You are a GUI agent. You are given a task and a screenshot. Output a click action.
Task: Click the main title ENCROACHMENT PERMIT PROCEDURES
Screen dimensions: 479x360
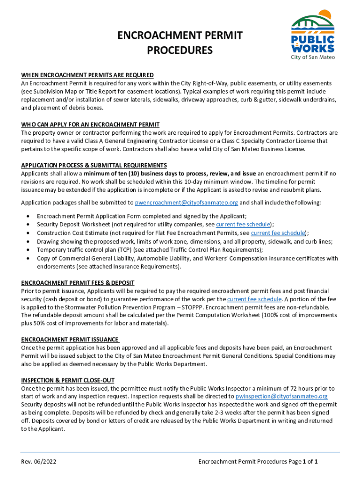pos(180,43)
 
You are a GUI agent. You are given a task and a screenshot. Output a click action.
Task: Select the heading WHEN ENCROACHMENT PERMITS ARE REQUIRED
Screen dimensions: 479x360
pos(87,75)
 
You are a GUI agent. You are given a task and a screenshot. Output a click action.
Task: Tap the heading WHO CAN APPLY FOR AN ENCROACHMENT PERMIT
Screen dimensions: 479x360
pos(90,125)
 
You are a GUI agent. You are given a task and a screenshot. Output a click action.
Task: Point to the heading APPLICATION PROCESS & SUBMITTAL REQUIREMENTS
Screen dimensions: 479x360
pos(94,166)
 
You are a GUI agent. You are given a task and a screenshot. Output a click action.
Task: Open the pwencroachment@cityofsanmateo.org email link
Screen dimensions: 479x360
pos(187,203)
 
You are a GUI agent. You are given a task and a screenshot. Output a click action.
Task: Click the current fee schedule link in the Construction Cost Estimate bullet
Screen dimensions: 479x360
pos(278,233)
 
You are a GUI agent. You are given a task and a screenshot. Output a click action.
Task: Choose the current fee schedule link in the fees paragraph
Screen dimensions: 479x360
pos(254,299)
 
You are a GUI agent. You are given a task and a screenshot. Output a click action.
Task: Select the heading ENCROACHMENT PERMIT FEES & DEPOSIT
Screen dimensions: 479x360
pos(78,283)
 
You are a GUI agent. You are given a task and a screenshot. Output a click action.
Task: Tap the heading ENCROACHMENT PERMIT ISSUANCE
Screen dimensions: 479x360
pos(70,340)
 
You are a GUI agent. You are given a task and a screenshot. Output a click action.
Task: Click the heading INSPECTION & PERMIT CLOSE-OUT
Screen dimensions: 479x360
pos(68,380)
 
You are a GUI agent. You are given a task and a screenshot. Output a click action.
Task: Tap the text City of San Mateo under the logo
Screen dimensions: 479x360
pos(313,57)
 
